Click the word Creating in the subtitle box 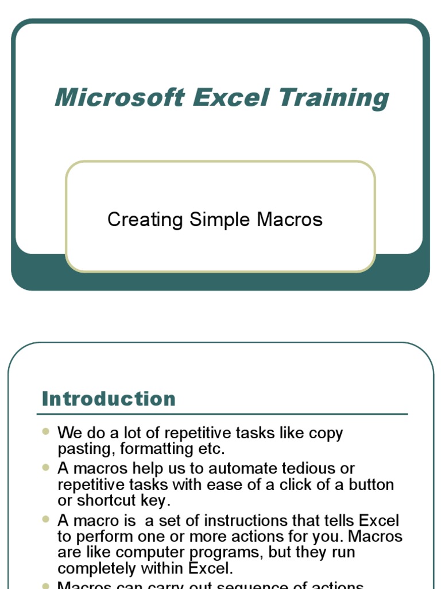(x=145, y=220)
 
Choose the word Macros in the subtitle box (x=289, y=219)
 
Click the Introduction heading (x=109, y=399)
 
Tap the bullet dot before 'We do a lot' (x=46, y=431)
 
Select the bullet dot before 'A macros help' (x=46, y=468)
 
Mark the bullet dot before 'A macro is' (x=46, y=519)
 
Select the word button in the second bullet (x=368, y=484)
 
